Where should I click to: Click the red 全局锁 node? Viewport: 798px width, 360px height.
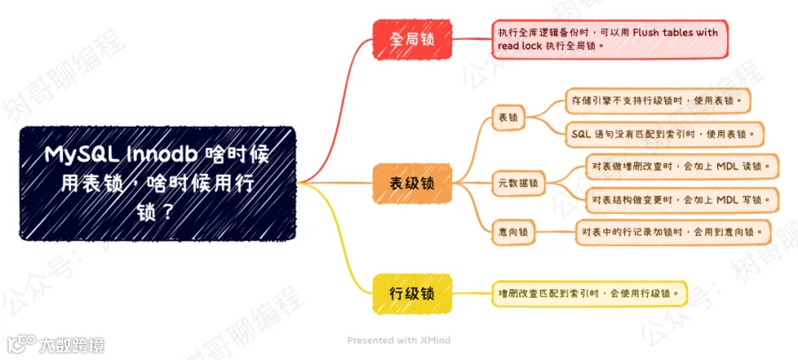(x=412, y=39)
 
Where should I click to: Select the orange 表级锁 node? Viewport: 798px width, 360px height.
(x=412, y=184)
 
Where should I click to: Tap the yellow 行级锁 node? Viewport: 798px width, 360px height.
(x=412, y=293)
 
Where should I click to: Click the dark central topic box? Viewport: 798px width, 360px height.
(x=158, y=184)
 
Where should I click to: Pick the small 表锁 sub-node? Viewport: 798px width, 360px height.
(x=508, y=118)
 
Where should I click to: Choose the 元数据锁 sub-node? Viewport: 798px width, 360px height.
(x=519, y=183)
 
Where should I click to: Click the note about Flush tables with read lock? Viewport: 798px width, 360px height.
(x=610, y=39)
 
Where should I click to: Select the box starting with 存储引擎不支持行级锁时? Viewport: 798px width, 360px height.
(x=658, y=101)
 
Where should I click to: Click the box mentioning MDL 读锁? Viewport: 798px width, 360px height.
(x=682, y=166)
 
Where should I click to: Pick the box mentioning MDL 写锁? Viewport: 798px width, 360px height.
(x=682, y=200)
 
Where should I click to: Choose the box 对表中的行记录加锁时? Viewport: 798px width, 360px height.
(x=673, y=232)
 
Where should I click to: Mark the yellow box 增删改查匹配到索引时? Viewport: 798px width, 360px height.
(x=590, y=293)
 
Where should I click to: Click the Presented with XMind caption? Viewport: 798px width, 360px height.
(x=398, y=340)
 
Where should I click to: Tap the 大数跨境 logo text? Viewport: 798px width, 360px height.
(x=72, y=346)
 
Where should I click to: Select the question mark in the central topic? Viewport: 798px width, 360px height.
(x=165, y=211)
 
